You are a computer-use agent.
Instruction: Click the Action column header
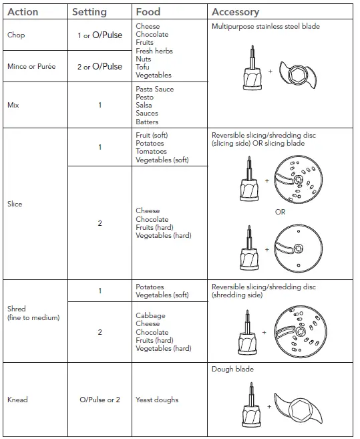pos(22,11)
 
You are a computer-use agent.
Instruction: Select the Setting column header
pos(89,11)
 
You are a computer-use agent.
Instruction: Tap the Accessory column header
pos(235,11)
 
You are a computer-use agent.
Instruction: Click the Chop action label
pos(15,35)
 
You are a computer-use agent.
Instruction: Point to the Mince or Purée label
pos(31,66)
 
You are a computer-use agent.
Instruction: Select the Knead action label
pos(17,400)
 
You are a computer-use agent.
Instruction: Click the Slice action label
pos(15,204)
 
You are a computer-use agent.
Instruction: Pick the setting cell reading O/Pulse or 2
pos(100,400)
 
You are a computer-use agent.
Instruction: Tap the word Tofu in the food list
pos(142,67)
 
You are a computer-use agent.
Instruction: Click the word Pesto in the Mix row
pos(144,97)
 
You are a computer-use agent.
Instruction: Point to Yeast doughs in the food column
pos(158,400)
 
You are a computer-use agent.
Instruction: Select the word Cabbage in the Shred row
pos(150,315)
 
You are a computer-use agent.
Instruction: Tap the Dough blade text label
pos(232,369)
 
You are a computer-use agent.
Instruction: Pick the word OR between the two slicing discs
pos(281,212)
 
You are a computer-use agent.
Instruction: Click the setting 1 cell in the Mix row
pos(100,105)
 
